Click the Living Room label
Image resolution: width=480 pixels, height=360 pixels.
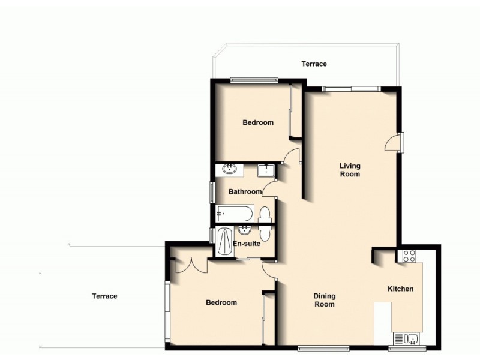point(350,170)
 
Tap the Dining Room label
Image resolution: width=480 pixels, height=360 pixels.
point(325,300)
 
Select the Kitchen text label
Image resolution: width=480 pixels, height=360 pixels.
point(400,289)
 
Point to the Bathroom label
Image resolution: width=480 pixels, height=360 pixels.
point(245,192)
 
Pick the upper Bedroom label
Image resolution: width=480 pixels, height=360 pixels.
point(257,122)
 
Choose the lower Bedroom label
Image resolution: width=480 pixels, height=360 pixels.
point(221,302)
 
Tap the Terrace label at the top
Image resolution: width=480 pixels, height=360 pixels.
point(314,64)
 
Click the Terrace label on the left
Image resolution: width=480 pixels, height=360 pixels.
point(104,296)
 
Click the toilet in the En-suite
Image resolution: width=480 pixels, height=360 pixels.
point(265,232)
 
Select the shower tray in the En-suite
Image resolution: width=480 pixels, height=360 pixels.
point(224,243)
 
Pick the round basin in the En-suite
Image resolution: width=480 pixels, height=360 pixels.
point(244,230)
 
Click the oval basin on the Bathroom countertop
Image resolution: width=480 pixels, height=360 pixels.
point(229,170)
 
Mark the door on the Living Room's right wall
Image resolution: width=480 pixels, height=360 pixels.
point(393,142)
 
